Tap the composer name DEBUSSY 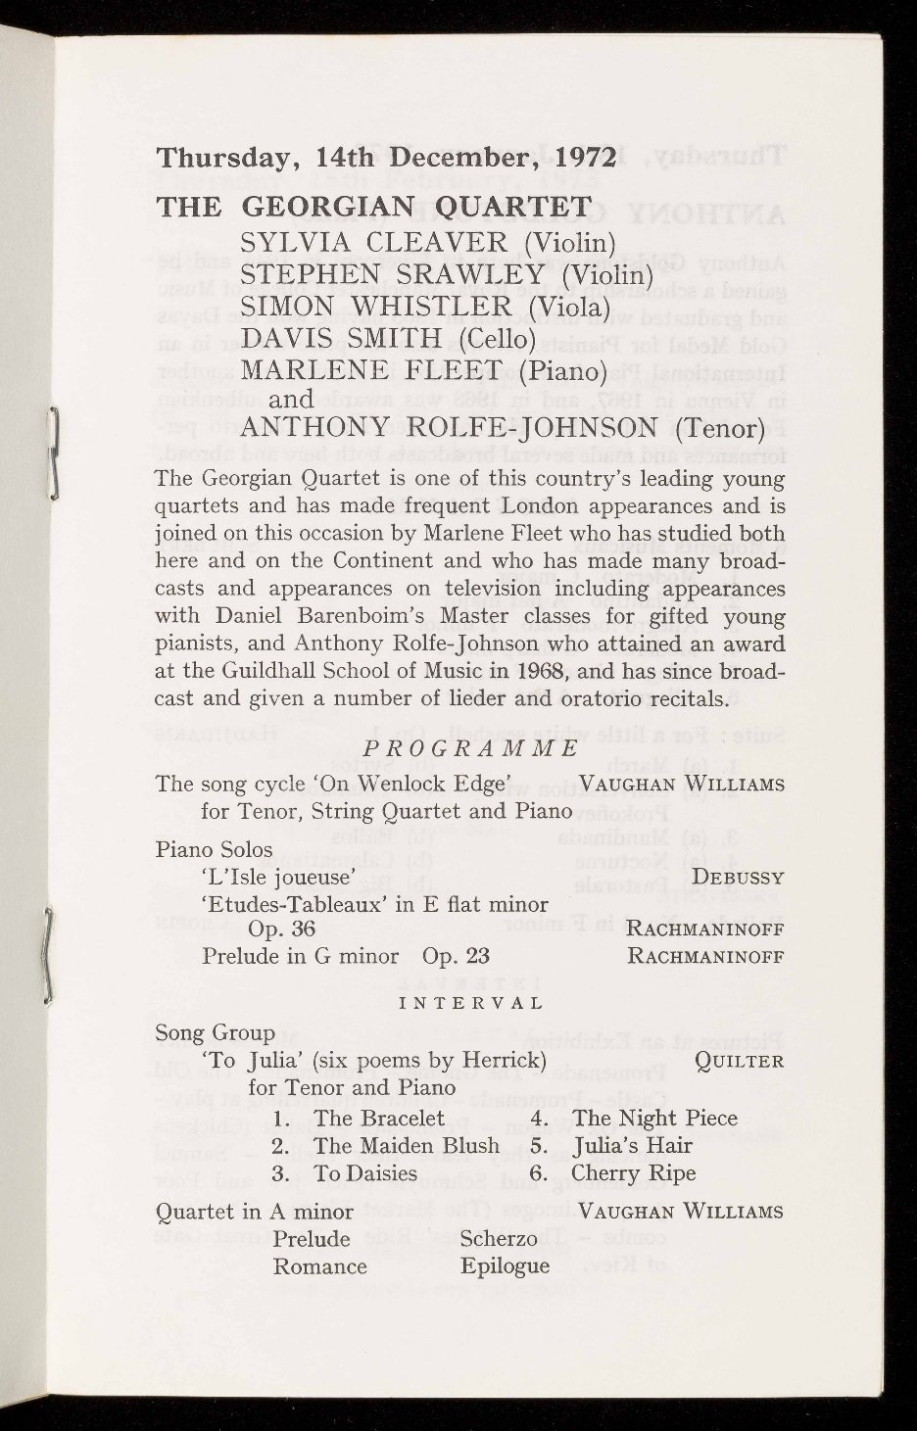(737, 878)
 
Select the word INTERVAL (471, 1004)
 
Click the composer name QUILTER (738, 1061)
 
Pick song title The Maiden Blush (407, 1145)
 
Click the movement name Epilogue (505, 1266)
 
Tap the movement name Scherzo (499, 1239)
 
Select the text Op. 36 (281, 929)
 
